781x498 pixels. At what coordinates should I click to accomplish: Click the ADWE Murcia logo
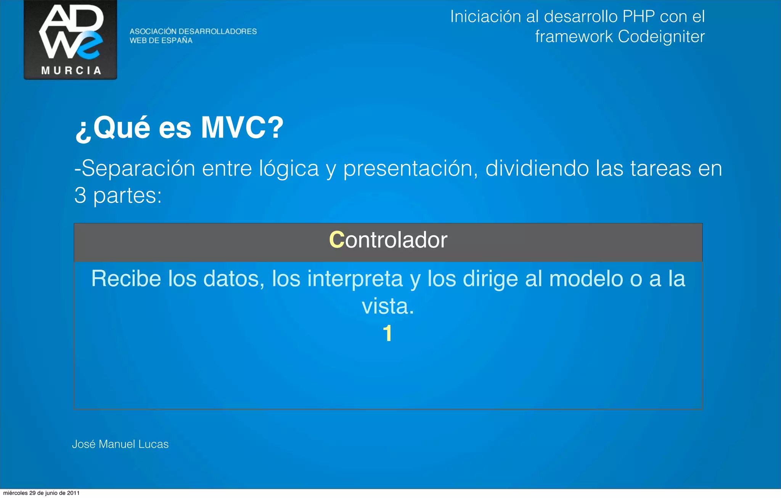coord(71,39)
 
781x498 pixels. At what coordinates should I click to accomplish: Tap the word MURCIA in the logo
coord(71,71)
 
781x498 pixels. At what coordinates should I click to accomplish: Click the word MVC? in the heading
coord(242,128)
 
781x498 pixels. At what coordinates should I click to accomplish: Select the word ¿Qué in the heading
coord(113,128)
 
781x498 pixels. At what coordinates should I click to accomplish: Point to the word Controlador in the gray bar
coord(388,240)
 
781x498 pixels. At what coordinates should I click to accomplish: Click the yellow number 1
coord(387,333)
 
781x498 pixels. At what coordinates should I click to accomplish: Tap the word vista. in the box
coord(387,306)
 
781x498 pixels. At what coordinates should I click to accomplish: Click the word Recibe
coord(126,279)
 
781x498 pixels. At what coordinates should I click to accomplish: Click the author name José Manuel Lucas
coord(120,444)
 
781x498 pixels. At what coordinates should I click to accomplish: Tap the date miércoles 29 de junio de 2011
coord(41,493)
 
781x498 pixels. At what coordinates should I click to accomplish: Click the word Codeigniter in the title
coord(661,37)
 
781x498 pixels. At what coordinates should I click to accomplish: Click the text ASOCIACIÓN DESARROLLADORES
coord(193,31)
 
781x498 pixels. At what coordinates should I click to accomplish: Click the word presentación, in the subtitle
coord(410,169)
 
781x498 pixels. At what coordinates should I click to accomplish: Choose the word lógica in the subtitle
coord(289,169)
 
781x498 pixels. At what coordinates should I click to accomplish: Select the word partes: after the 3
coord(127,196)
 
